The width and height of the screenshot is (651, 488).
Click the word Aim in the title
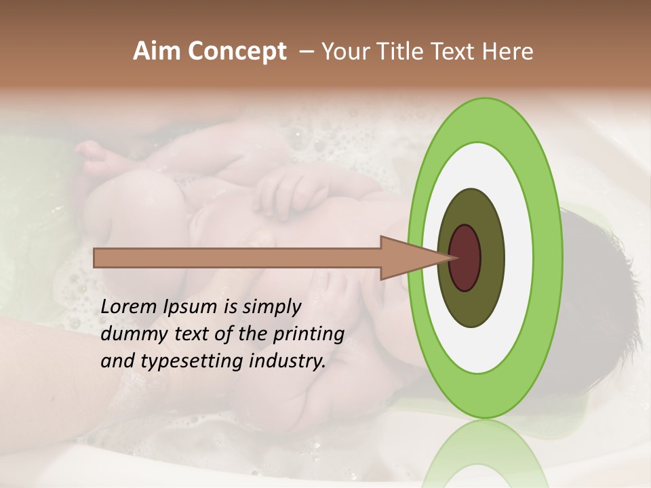point(157,52)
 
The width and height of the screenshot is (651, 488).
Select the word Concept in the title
point(237,52)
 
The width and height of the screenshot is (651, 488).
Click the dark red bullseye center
point(465,258)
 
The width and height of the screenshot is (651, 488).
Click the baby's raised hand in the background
point(285,193)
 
